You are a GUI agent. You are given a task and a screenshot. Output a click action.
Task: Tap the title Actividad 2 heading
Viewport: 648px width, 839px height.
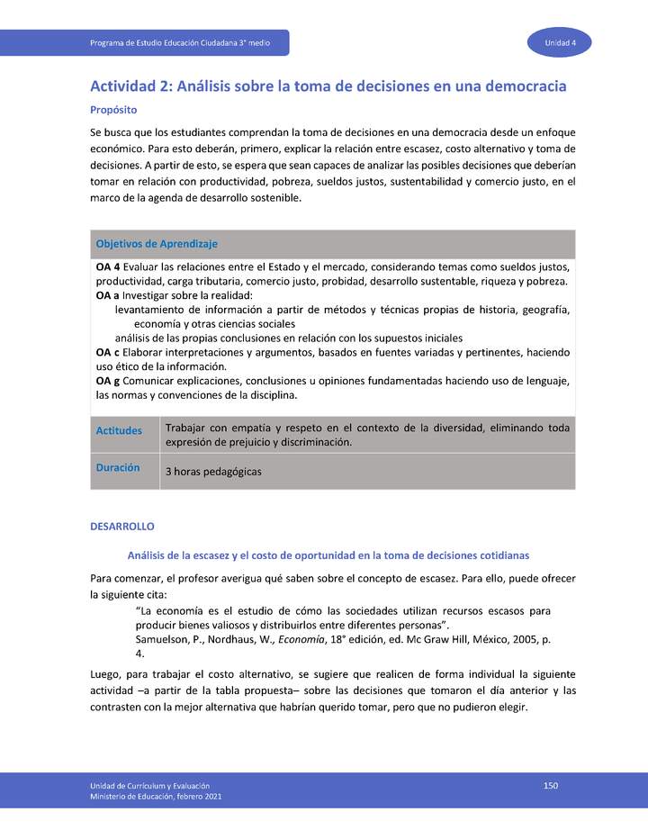tap(328, 86)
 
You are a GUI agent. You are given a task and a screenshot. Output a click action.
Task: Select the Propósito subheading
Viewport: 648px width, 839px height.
tap(113, 110)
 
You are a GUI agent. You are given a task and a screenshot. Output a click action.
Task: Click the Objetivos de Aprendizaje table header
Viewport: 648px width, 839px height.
tap(157, 244)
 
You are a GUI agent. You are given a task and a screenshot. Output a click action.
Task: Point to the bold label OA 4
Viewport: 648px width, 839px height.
tap(108, 267)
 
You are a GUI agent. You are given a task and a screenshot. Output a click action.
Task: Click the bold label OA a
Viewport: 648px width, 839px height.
tap(107, 295)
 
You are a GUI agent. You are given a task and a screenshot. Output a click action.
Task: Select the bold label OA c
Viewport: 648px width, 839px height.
tap(107, 352)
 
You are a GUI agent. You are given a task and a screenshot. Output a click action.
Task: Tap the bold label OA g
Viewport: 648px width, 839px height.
tap(107, 381)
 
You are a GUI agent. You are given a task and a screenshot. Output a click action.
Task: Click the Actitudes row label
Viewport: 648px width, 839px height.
tap(119, 430)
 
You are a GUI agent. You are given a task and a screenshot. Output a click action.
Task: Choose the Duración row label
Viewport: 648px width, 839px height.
tap(118, 468)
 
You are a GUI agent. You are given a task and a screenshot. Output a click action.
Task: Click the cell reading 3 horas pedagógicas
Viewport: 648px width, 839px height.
tap(213, 472)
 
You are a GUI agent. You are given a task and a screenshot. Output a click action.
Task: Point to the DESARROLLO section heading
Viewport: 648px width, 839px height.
tap(122, 526)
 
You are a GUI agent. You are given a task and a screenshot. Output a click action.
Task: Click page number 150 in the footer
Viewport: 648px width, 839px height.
tap(551, 786)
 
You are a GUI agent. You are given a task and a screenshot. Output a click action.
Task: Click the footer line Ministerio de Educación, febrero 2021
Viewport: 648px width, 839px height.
tap(156, 797)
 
